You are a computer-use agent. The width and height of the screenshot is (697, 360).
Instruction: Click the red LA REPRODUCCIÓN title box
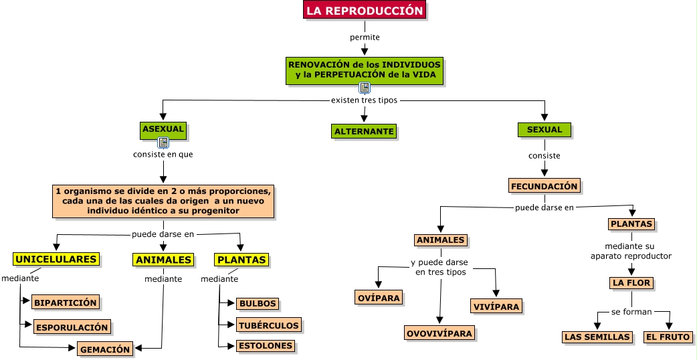point(365,11)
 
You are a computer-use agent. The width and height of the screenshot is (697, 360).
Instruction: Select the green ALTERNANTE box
point(364,131)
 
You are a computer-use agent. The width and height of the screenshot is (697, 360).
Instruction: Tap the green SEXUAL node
point(544,130)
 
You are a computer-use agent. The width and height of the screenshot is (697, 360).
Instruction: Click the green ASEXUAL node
point(163,129)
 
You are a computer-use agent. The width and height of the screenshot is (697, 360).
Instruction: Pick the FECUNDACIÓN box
point(544,186)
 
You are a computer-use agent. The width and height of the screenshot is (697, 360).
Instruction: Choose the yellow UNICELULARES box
point(56,259)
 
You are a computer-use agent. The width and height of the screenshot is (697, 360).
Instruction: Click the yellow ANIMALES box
point(163,260)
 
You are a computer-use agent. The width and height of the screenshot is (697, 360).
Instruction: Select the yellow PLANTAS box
point(241,260)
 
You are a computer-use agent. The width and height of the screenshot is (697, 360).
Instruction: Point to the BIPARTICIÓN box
point(66,302)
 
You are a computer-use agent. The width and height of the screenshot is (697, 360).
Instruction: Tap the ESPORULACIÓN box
point(72,328)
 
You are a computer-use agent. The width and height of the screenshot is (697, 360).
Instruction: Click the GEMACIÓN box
point(105,349)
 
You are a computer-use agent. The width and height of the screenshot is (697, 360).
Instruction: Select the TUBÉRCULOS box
point(268,325)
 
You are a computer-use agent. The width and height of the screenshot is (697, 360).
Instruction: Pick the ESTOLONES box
point(265,346)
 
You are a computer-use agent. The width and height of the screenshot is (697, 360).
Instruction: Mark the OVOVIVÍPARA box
point(439,333)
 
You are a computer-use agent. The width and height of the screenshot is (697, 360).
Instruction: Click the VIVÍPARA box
point(495,306)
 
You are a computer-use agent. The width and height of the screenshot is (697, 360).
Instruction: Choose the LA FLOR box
point(631,283)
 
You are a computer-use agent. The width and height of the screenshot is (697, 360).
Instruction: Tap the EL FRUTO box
point(668,337)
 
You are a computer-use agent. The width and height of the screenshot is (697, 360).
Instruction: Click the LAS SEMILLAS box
point(597,337)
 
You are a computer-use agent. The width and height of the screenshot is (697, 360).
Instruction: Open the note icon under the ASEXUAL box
point(163,143)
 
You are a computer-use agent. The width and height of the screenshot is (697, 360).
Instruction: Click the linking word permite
point(365,37)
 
